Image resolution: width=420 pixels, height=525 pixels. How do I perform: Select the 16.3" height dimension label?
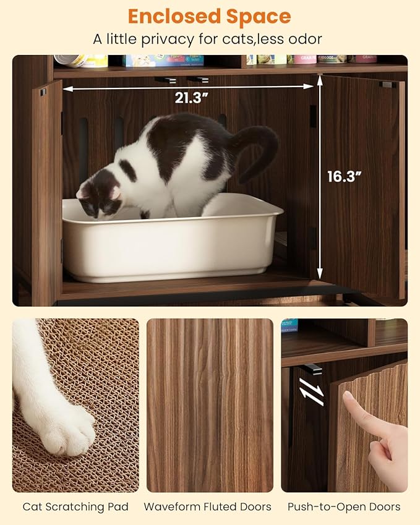tap(344, 176)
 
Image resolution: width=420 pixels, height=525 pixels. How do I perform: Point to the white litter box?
tap(173, 241)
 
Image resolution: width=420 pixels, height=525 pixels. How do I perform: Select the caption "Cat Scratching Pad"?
tap(75, 507)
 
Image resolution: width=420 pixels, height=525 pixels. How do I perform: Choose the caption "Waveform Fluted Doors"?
tap(208, 507)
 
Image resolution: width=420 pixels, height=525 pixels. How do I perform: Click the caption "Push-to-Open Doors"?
tap(344, 507)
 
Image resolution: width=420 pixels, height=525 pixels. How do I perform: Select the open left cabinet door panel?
tap(47, 192)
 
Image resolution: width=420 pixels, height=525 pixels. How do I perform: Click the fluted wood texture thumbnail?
tap(210, 405)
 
